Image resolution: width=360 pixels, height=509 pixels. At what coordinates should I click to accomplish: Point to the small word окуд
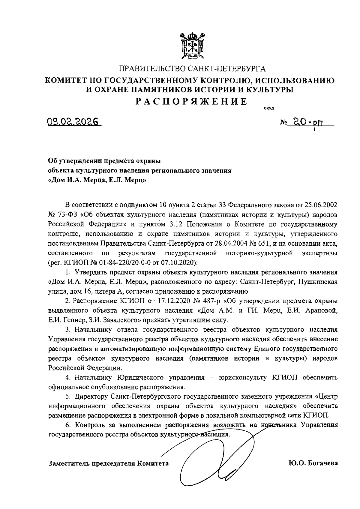coord(268,108)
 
